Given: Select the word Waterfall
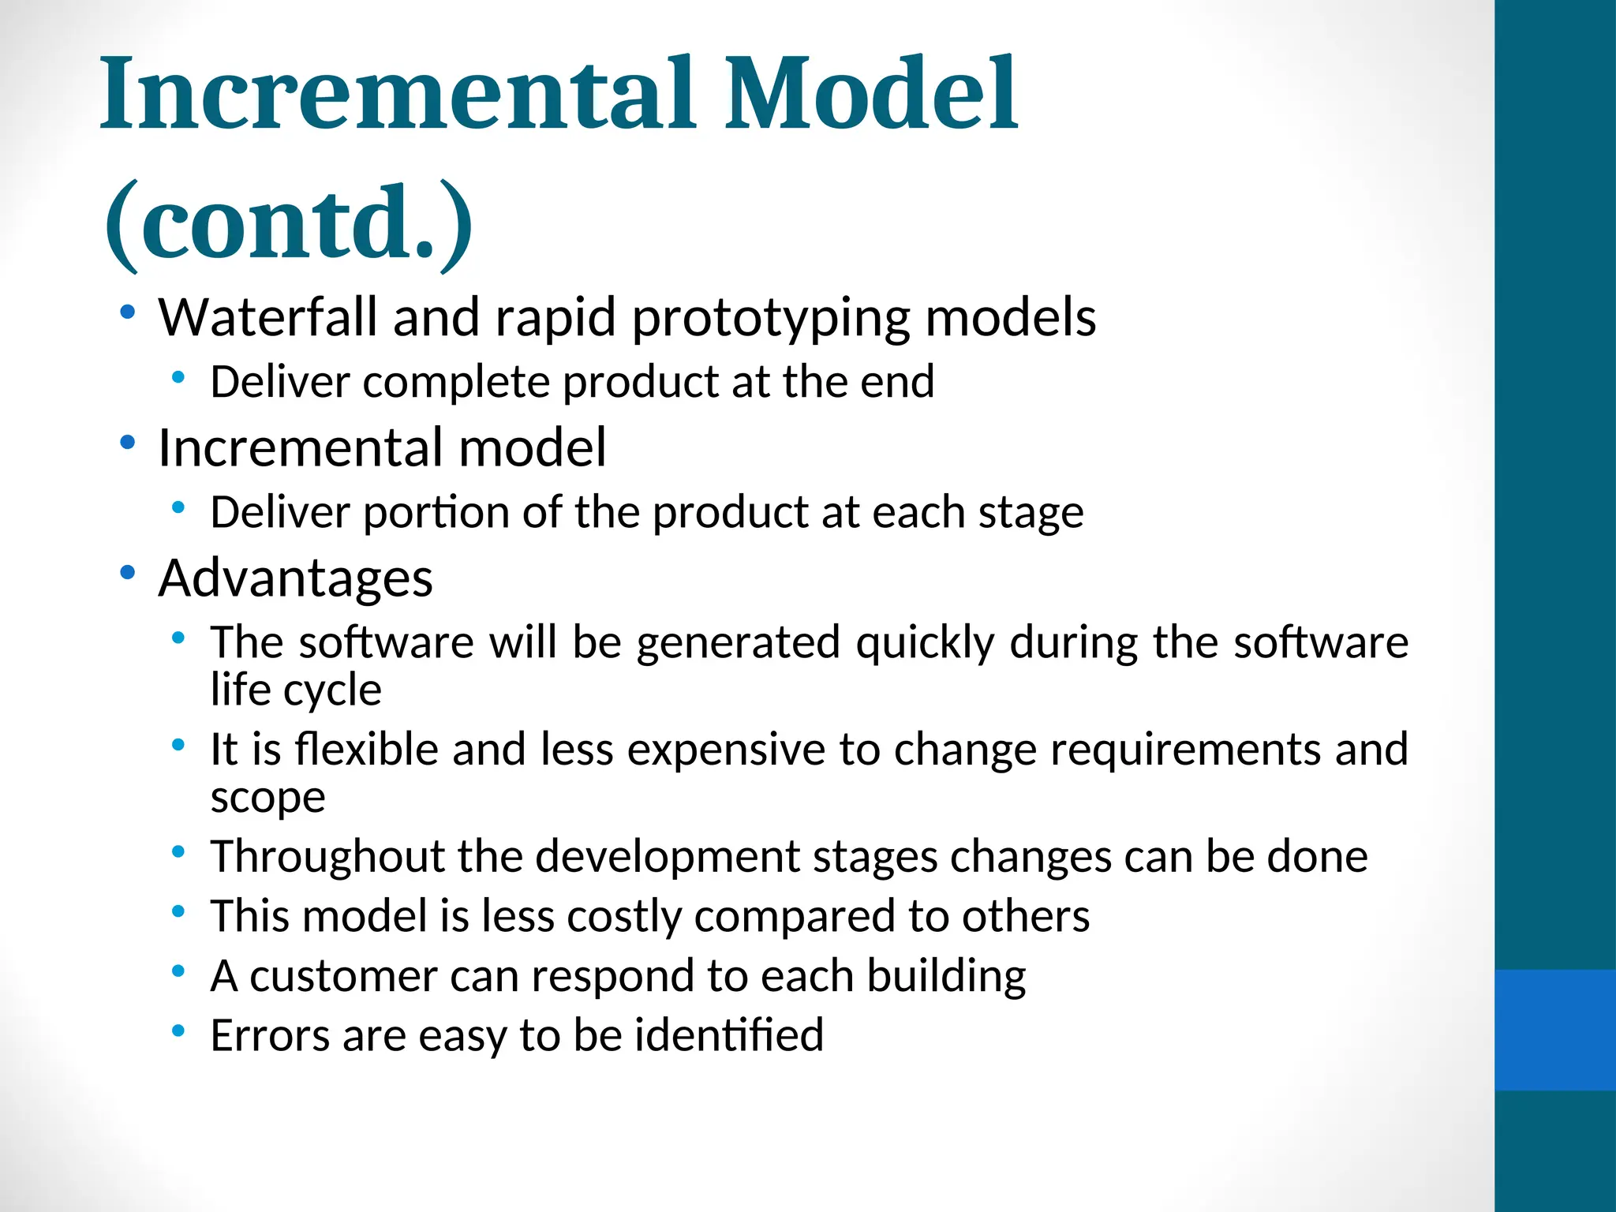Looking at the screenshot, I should pyautogui.click(x=268, y=317).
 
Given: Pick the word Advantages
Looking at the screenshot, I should pyautogui.click(x=295, y=578).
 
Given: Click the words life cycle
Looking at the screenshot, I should pyautogui.click(x=296, y=690).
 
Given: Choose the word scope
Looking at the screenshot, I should pyautogui.click(x=267, y=798).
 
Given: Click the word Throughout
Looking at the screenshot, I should pyautogui.click(x=327, y=857).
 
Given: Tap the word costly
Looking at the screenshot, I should pyautogui.click(x=623, y=917).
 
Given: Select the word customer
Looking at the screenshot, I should pyautogui.click(x=343, y=977).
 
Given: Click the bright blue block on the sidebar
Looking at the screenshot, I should pyautogui.click(x=1554, y=1030).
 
